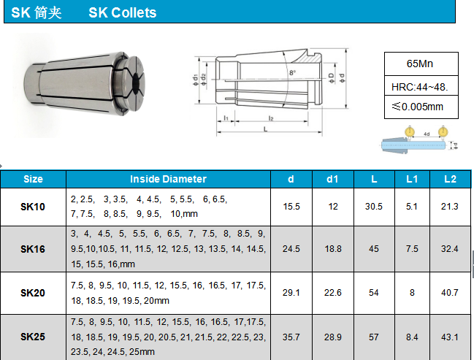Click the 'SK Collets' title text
[123, 12]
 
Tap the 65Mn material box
[421, 64]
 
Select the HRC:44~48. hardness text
[419, 87]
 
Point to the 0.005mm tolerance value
[422, 107]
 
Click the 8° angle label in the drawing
[292, 72]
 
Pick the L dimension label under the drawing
[265, 129]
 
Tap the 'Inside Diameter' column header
[168, 179]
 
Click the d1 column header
[332, 179]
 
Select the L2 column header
[450, 179]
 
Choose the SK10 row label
[33, 207]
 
